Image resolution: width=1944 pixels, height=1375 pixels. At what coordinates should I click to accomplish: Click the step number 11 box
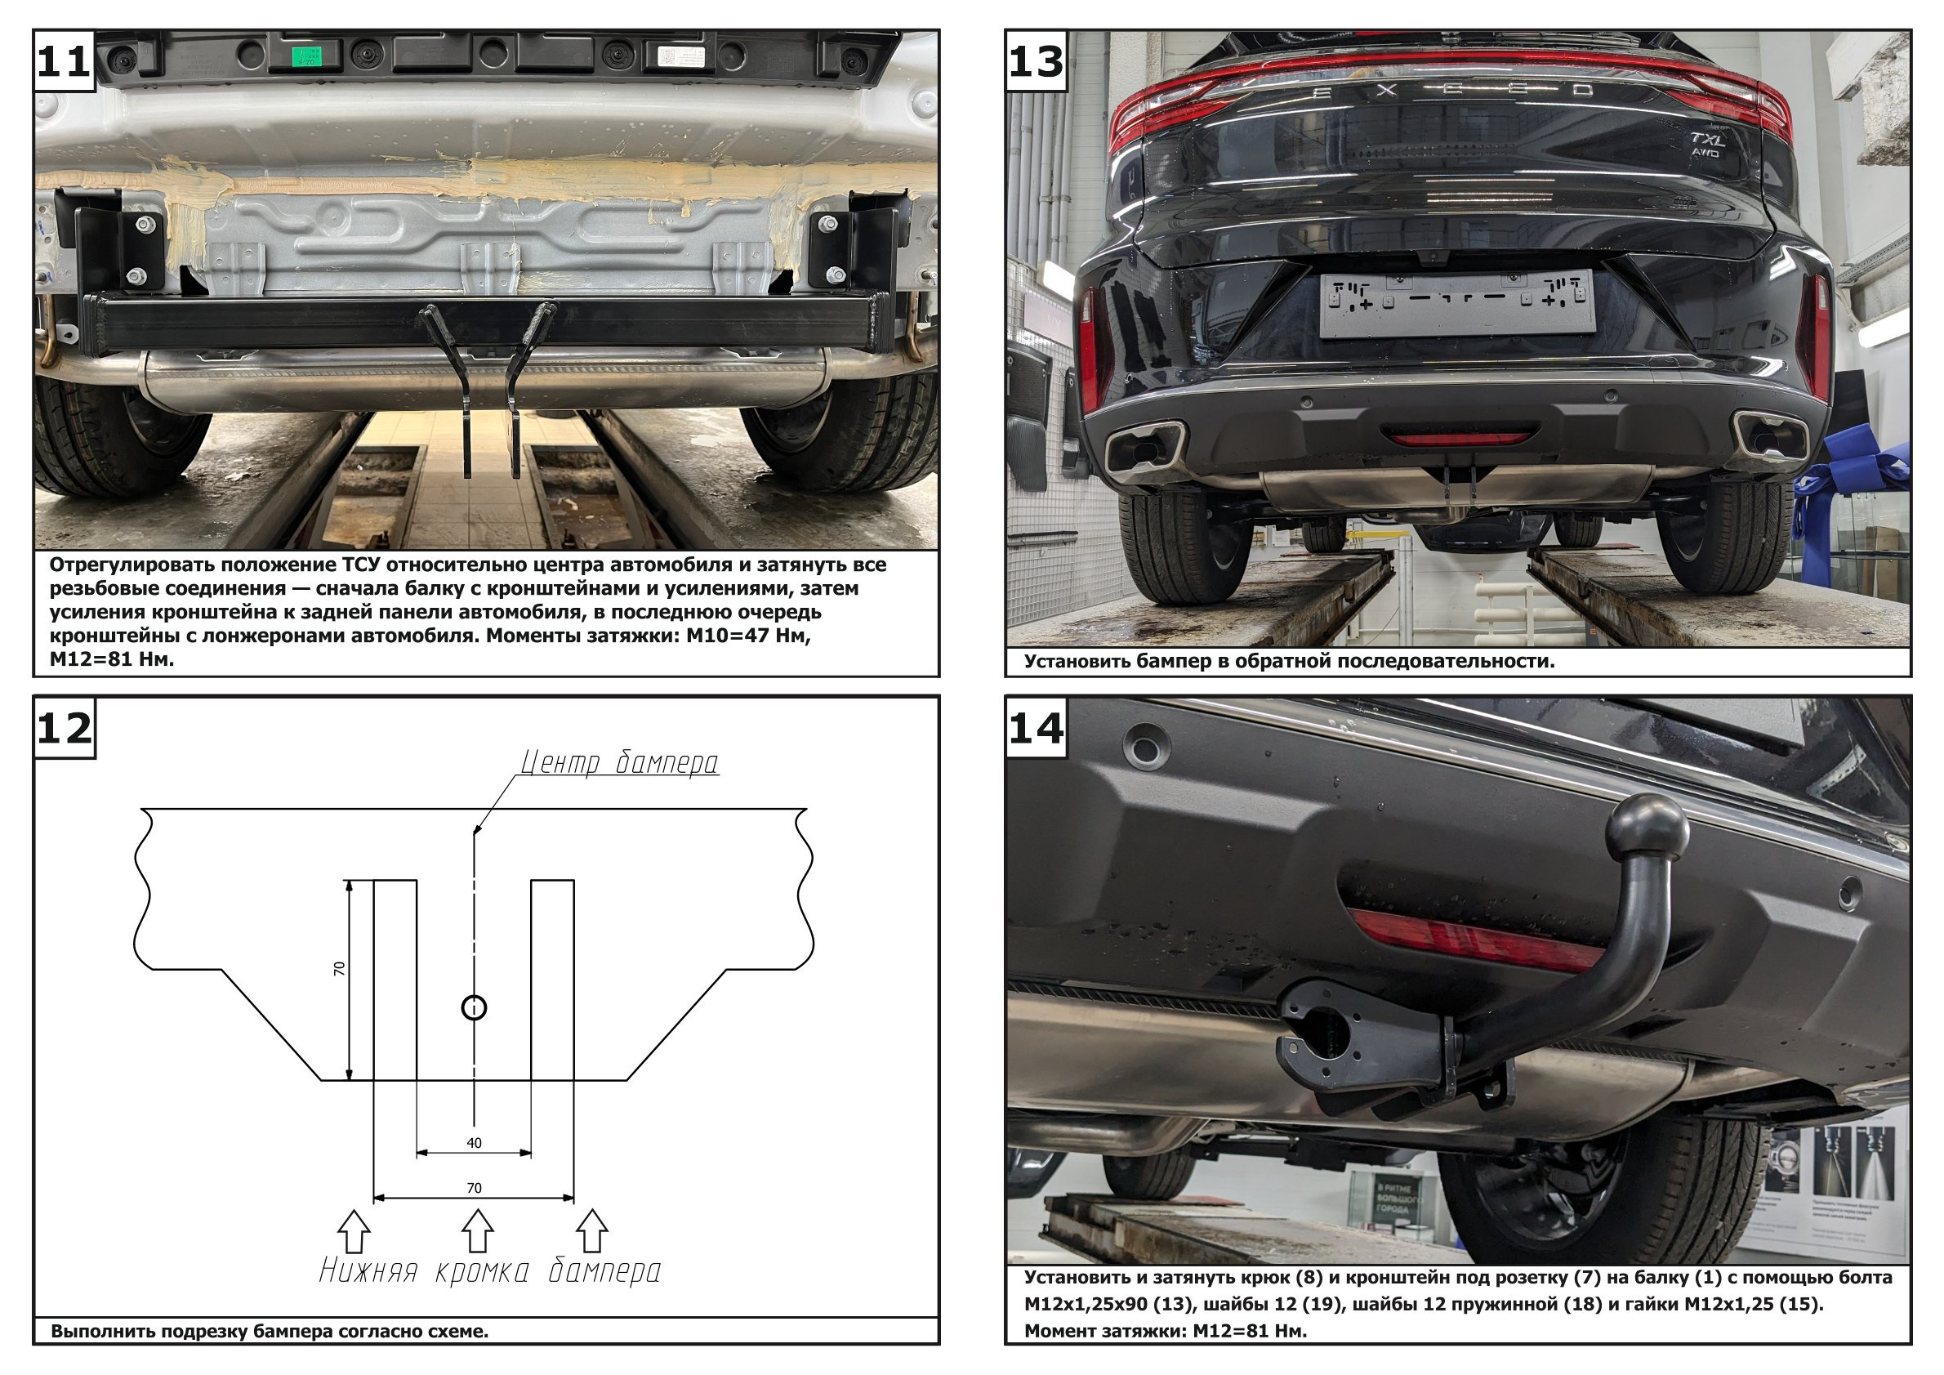(x=64, y=61)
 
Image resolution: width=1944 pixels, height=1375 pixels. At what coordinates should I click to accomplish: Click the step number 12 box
(x=64, y=727)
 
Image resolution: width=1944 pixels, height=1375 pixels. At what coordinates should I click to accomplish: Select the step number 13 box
(x=1036, y=61)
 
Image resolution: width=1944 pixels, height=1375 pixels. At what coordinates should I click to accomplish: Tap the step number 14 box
(x=1036, y=727)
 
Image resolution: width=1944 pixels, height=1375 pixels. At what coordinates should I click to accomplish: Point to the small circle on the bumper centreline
(x=474, y=1007)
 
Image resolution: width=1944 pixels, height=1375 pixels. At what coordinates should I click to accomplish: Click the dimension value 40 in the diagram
(x=474, y=1143)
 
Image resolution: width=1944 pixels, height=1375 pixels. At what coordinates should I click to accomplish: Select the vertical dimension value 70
(x=340, y=969)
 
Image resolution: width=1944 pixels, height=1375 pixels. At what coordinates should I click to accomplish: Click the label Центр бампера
(x=619, y=763)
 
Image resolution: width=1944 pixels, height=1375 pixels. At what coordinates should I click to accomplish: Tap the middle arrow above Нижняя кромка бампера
(x=478, y=1230)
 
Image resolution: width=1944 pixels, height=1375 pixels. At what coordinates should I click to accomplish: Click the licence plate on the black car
(x=1457, y=303)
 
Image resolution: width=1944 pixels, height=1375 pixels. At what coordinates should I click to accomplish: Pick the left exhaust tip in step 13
(x=1144, y=448)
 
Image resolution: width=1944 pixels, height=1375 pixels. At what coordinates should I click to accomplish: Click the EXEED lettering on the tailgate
(x=1453, y=92)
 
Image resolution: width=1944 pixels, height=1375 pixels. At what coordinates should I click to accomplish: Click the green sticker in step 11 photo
(x=306, y=56)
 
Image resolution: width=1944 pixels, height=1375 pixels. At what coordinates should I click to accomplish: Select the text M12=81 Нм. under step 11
(x=112, y=659)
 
